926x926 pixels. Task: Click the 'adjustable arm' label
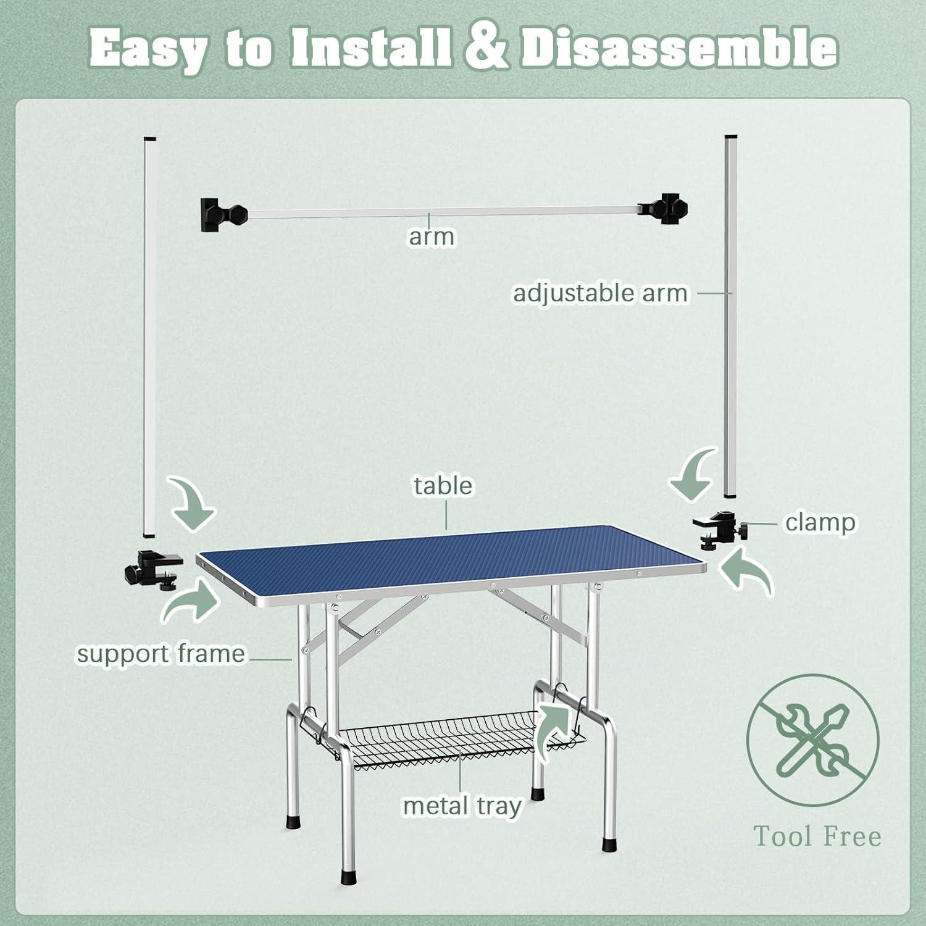coord(600,293)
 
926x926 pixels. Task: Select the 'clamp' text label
coord(820,522)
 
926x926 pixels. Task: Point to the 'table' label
coord(443,485)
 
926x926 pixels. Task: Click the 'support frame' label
coord(161,653)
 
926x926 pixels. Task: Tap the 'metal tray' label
coord(462,806)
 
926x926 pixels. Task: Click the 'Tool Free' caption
coord(817,836)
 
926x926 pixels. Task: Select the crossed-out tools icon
coord(813,740)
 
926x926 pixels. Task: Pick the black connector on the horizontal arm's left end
coord(222,214)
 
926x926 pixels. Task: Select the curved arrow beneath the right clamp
coord(747,571)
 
